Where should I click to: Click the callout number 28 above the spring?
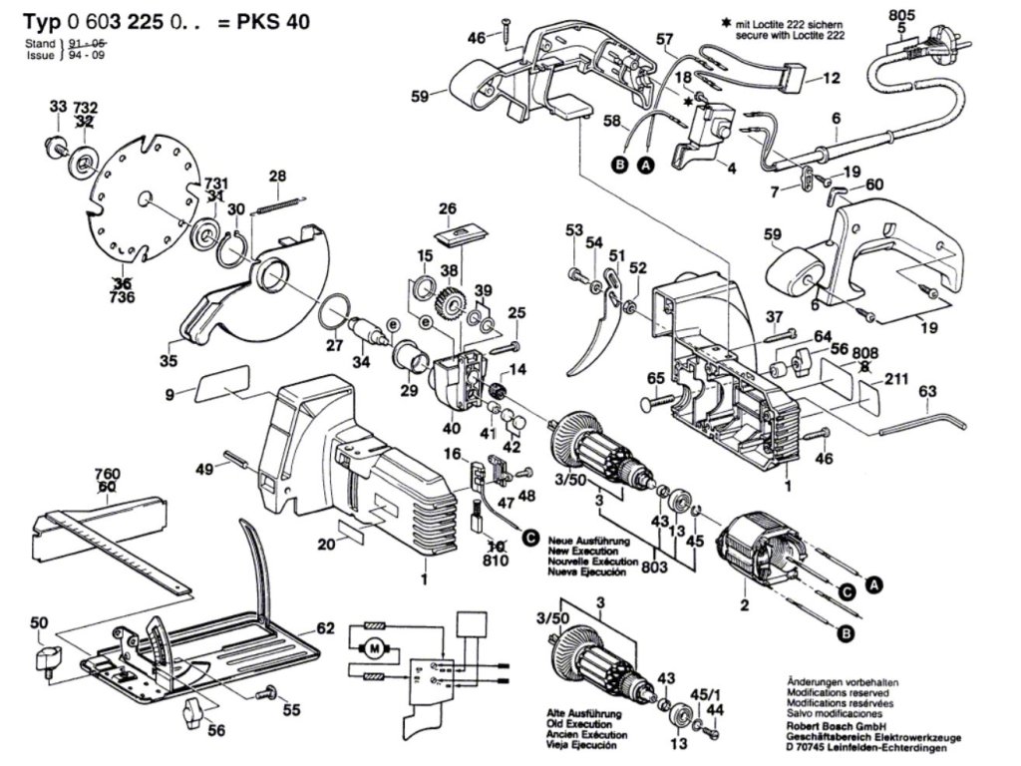click(x=277, y=177)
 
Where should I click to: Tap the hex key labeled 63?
click(x=923, y=427)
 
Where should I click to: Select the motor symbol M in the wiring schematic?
click(x=374, y=647)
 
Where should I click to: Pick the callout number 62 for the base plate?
click(x=325, y=628)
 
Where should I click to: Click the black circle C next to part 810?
click(x=530, y=537)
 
